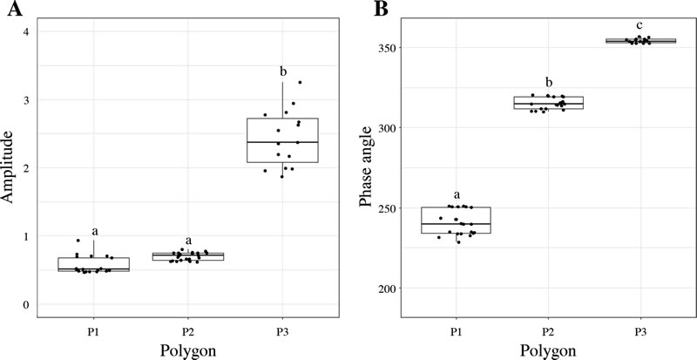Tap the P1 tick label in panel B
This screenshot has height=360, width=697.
click(456, 330)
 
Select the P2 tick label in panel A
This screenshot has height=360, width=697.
click(188, 330)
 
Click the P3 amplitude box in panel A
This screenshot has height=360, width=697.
click(282, 140)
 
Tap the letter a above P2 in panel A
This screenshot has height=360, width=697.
click(188, 240)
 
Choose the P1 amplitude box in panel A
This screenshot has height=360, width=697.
click(94, 264)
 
